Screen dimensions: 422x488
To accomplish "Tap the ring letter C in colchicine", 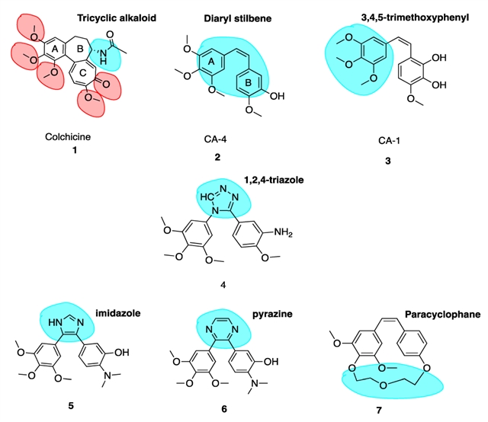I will click(83, 73).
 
